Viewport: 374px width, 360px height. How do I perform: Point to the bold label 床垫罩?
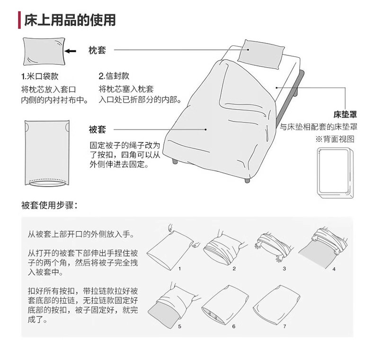pos(345,114)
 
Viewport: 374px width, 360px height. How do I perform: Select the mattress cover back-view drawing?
pos(335,174)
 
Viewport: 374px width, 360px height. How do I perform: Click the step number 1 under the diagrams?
pos(180,268)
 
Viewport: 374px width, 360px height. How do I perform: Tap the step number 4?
pos(334,269)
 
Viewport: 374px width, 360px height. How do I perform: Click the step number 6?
pos(234,326)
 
